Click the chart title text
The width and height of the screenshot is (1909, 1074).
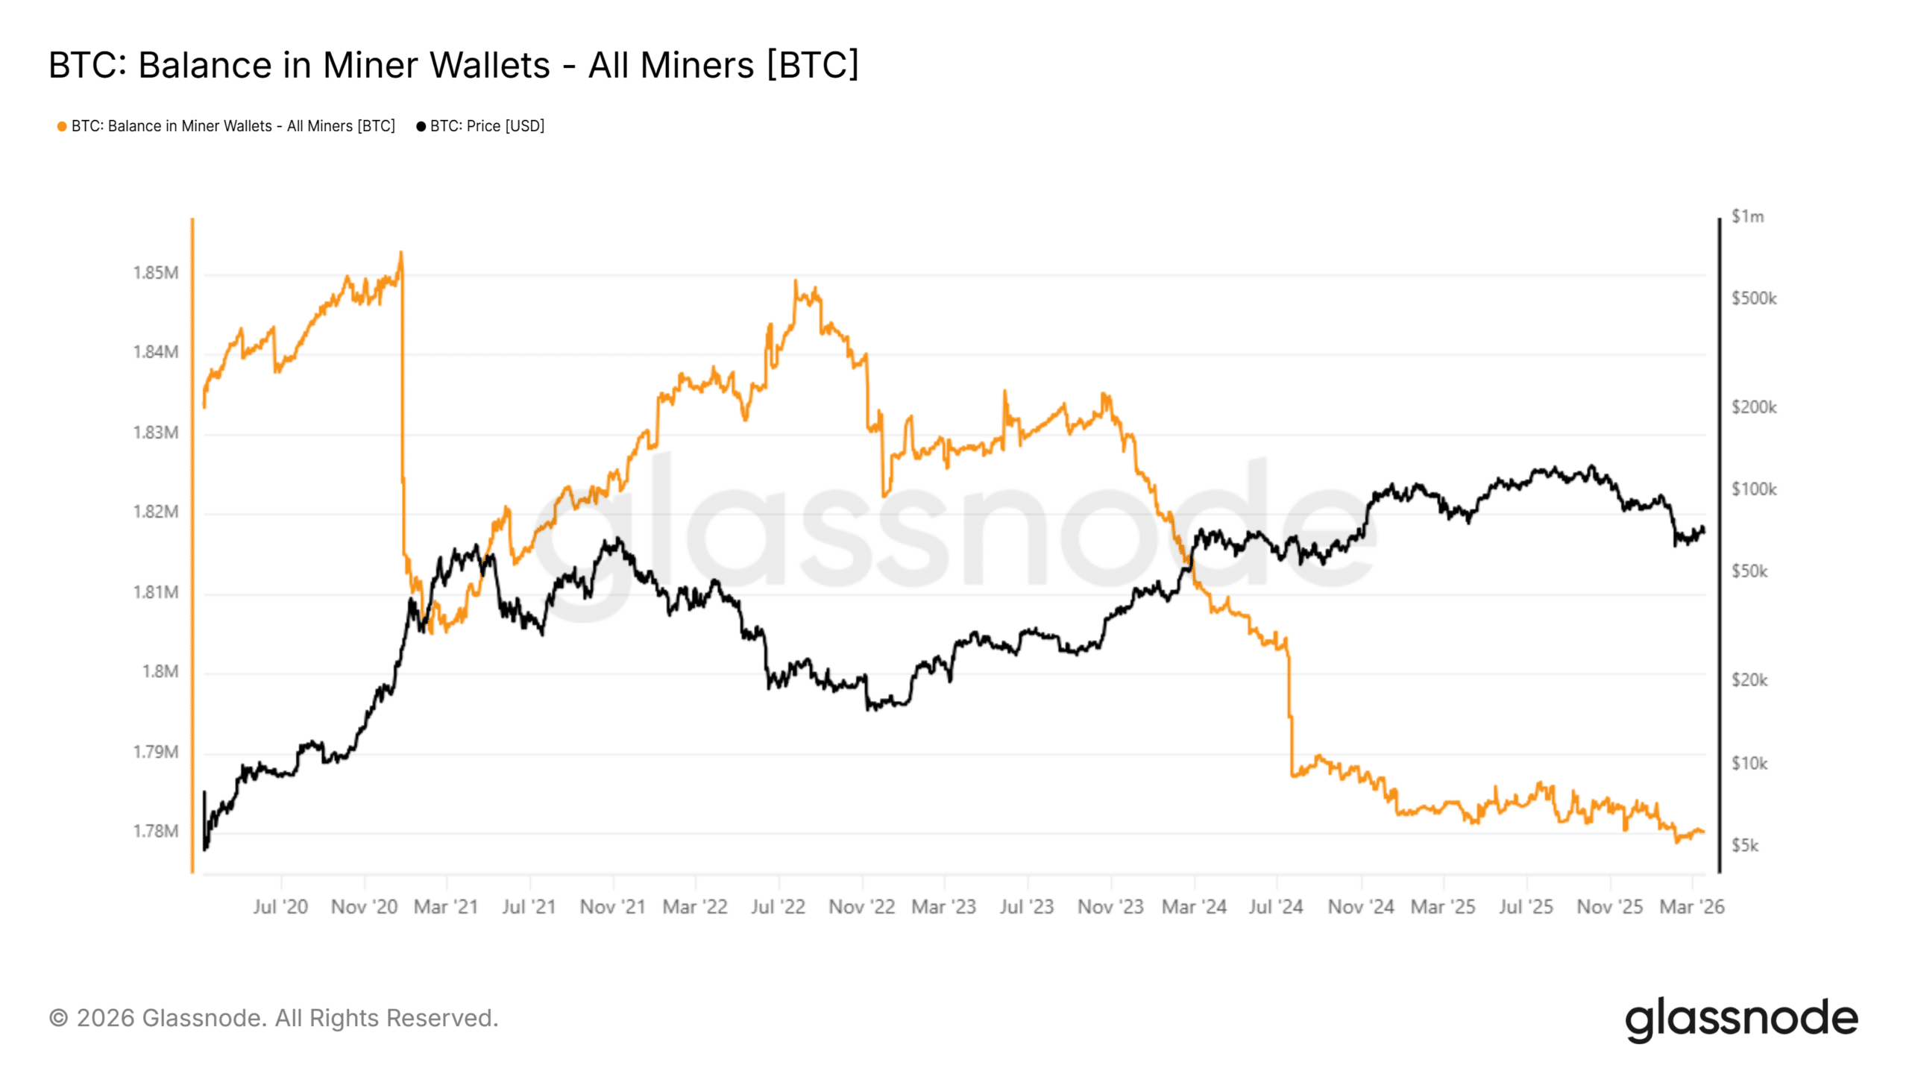coord(453,65)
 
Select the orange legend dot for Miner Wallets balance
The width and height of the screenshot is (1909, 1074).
coord(62,127)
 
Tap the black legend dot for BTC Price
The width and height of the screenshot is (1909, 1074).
coord(421,127)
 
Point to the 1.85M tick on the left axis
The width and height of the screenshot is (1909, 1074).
coord(156,273)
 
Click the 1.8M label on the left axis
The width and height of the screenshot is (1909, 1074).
coord(160,672)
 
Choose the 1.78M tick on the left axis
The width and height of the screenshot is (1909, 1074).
coord(156,832)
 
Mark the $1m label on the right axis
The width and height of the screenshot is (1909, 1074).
coord(1747,217)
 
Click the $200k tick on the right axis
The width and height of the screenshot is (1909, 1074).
coord(1754,407)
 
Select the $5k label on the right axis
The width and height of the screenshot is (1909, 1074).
coord(1745,846)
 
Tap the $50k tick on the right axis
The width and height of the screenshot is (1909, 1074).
coord(1749,571)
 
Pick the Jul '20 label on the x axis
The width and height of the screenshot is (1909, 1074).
coord(280,907)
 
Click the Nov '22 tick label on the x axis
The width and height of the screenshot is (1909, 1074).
coord(861,907)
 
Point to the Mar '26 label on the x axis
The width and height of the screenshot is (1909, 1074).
coord(1691,907)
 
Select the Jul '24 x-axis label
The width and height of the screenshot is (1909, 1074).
coord(1276,907)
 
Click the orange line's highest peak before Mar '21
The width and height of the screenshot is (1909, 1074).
coord(401,253)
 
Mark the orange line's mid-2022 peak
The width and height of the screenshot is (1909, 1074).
coord(796,281)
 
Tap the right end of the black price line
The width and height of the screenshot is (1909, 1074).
coord(1703,530)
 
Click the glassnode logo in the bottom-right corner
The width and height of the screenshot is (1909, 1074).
coord(1741,1020)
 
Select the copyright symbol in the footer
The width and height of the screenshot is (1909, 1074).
coord(58,1019)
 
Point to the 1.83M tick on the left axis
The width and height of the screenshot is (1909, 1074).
coord(156,433)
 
